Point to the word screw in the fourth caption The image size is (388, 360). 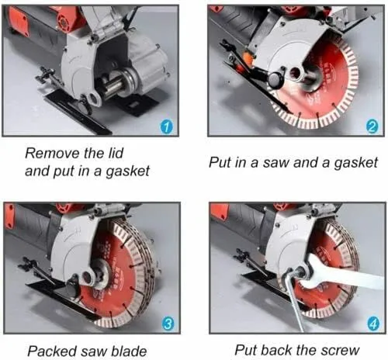point(338,349)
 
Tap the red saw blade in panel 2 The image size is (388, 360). point(330,85)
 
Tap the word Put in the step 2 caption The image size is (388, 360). point(220,163)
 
